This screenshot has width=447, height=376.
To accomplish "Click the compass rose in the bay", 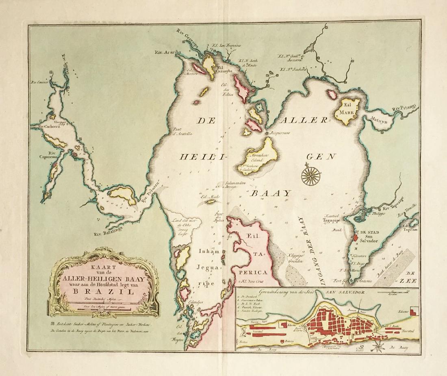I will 312,175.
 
